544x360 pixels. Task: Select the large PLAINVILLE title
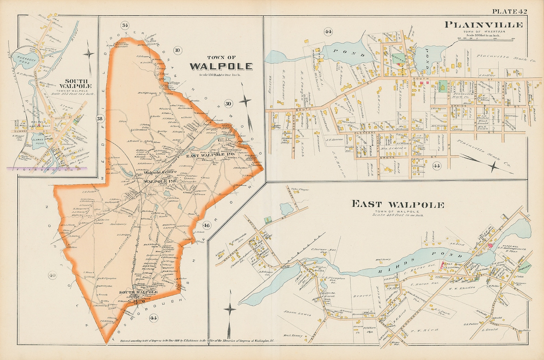pos(483,25)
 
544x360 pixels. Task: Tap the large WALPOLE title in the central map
pos(221,67)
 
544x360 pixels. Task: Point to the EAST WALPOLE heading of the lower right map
pos(398,205)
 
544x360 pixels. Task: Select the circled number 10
pos(177,50)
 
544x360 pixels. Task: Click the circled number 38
pos(100,119)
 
